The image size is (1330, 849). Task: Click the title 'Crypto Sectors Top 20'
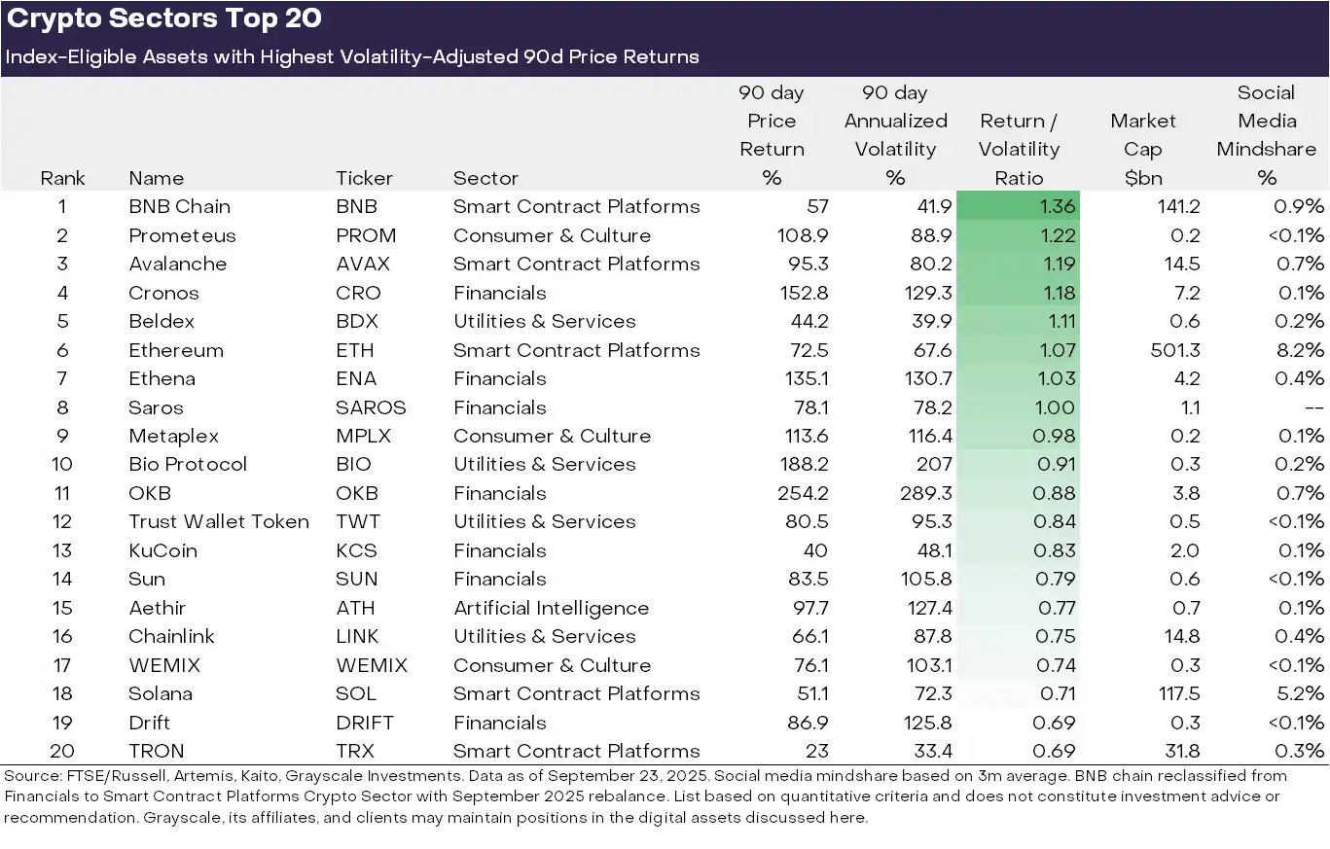click(164, 18)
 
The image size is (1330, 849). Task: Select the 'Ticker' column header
click(364, 178)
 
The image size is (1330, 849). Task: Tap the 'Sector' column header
click(485, 178)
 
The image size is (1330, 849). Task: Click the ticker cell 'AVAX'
click(363, 264)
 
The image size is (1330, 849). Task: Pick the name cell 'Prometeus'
click(182, 235)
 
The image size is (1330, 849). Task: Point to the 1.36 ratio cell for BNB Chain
click(1018, 206)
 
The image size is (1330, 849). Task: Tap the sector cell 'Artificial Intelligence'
click(551, 608)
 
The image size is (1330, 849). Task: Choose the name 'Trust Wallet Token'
click(219, 521)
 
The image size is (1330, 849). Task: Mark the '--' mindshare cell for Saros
click(1312, 407)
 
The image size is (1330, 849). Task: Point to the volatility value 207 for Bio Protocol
click(933, 464)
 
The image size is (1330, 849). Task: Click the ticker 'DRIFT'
click(365, 723)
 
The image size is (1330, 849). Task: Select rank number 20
click(62, 751)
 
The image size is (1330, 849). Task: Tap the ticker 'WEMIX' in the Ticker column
click(372, 665)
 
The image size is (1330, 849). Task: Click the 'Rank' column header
click(62, 178)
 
